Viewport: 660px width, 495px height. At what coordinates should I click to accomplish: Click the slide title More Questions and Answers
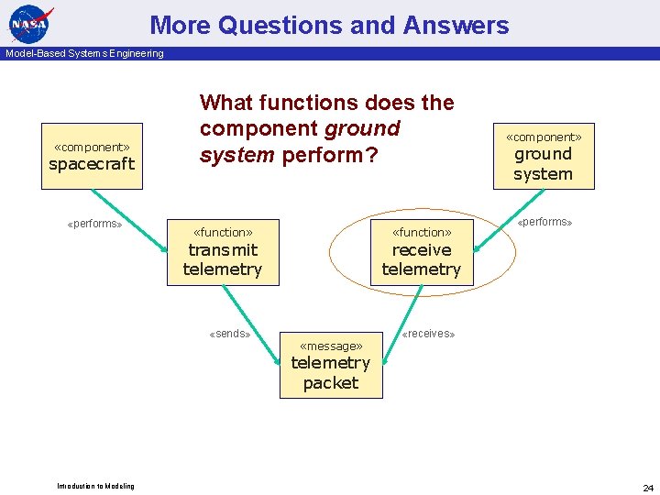pos(329,25)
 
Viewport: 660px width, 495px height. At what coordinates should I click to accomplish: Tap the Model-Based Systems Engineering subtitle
pos(84,53)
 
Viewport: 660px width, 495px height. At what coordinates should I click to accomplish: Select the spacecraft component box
pos(92,157)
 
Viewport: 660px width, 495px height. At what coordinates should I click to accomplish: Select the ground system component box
pos(544,157)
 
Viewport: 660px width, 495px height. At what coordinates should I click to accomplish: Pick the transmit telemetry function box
pos(223,252)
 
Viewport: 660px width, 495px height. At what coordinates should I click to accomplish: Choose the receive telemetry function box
pos(422,252)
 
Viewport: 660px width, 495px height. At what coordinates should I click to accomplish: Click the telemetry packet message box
pos(331,365)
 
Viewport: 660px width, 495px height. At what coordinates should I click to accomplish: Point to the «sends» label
pos(230,334)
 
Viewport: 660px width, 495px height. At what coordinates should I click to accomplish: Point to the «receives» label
pos(429,334)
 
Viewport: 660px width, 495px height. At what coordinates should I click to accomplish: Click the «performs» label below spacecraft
pos(95,224)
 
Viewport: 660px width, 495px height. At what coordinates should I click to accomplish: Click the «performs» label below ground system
pos(544,222)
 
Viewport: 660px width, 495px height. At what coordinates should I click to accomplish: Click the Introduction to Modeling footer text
pos(95,486)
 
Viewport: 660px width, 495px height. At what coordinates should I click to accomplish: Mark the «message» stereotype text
pos(331,346)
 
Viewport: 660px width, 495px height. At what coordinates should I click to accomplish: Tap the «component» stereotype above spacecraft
pos(92,147)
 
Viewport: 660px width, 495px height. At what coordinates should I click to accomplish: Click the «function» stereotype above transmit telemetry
pos(223,233)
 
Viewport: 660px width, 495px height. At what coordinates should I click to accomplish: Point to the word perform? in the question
pos(330,155)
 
